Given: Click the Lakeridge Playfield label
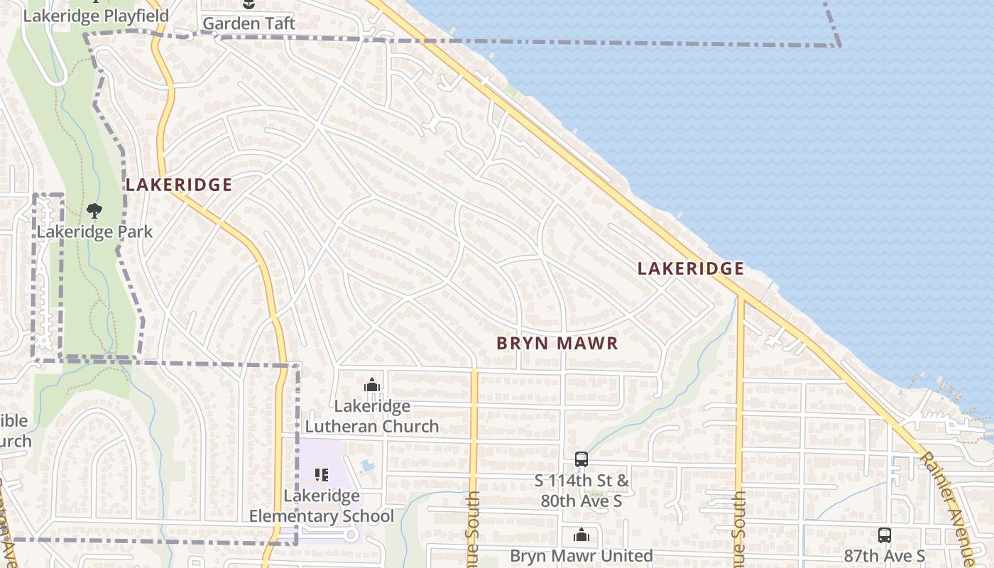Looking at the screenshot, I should tap(96, 16).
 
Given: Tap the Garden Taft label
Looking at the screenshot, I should tap(248, 23).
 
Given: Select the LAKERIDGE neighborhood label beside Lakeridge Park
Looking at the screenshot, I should tap(179, 185).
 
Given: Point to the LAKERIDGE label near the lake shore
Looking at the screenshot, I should tap(690, 268).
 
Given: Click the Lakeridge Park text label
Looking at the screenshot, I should tap(94, 231).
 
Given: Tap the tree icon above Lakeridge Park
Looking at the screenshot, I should tap(94, 211).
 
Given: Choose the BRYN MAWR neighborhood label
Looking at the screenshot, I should tap(557, 344).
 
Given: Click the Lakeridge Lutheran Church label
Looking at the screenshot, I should tap(372, 416).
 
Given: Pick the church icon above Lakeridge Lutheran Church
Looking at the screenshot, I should tap(372, 386).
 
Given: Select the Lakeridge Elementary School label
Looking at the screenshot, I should tap(322, 506).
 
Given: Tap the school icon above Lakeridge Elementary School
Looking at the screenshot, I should tap(321, 474).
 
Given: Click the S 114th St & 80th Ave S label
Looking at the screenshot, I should tap(581, 491).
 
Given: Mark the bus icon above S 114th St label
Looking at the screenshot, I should tap(581, 459).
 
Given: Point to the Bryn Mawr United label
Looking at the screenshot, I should tap(581, 555).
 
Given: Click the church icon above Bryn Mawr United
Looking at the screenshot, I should tap(581, 535).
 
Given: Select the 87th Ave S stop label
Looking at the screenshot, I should tap(884, 555).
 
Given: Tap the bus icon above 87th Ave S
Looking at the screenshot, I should tap(884, 535).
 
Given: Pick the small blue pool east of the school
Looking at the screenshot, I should tap(366, 466).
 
